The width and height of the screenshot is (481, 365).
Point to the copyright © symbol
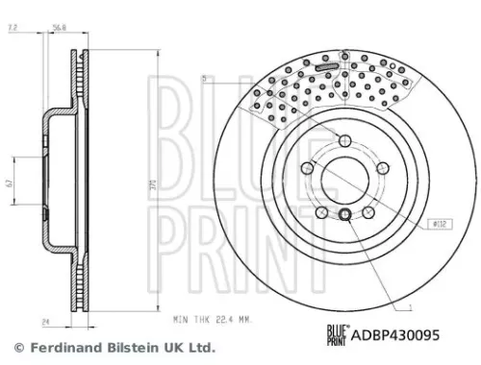click(17, 348)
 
